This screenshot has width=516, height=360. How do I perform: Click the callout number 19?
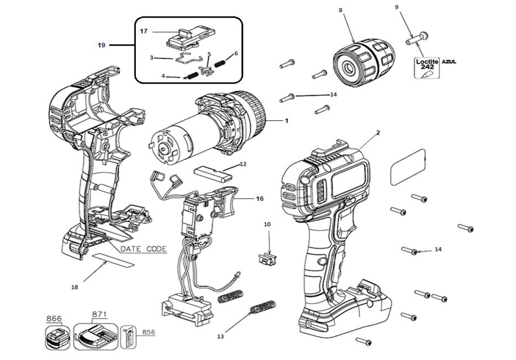click(x=101, y=45)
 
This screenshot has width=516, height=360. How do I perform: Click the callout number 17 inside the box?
click(x=144, y=31)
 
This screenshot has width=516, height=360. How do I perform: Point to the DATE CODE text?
click(x=143, y=249)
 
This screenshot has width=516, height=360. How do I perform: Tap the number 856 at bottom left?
click(x=148, y=332)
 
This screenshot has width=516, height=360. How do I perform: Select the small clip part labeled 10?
click(x=266, y=258)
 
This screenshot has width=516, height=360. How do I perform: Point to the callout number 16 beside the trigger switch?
click(x=260, y=199)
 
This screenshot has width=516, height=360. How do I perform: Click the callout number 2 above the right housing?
click(x=378, y=133)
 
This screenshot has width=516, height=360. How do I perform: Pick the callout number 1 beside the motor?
click(x=287, y=120)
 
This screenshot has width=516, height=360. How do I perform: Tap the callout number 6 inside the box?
click(x=236, y=53)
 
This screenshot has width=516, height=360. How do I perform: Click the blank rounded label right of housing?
click(x=409, y=167)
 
